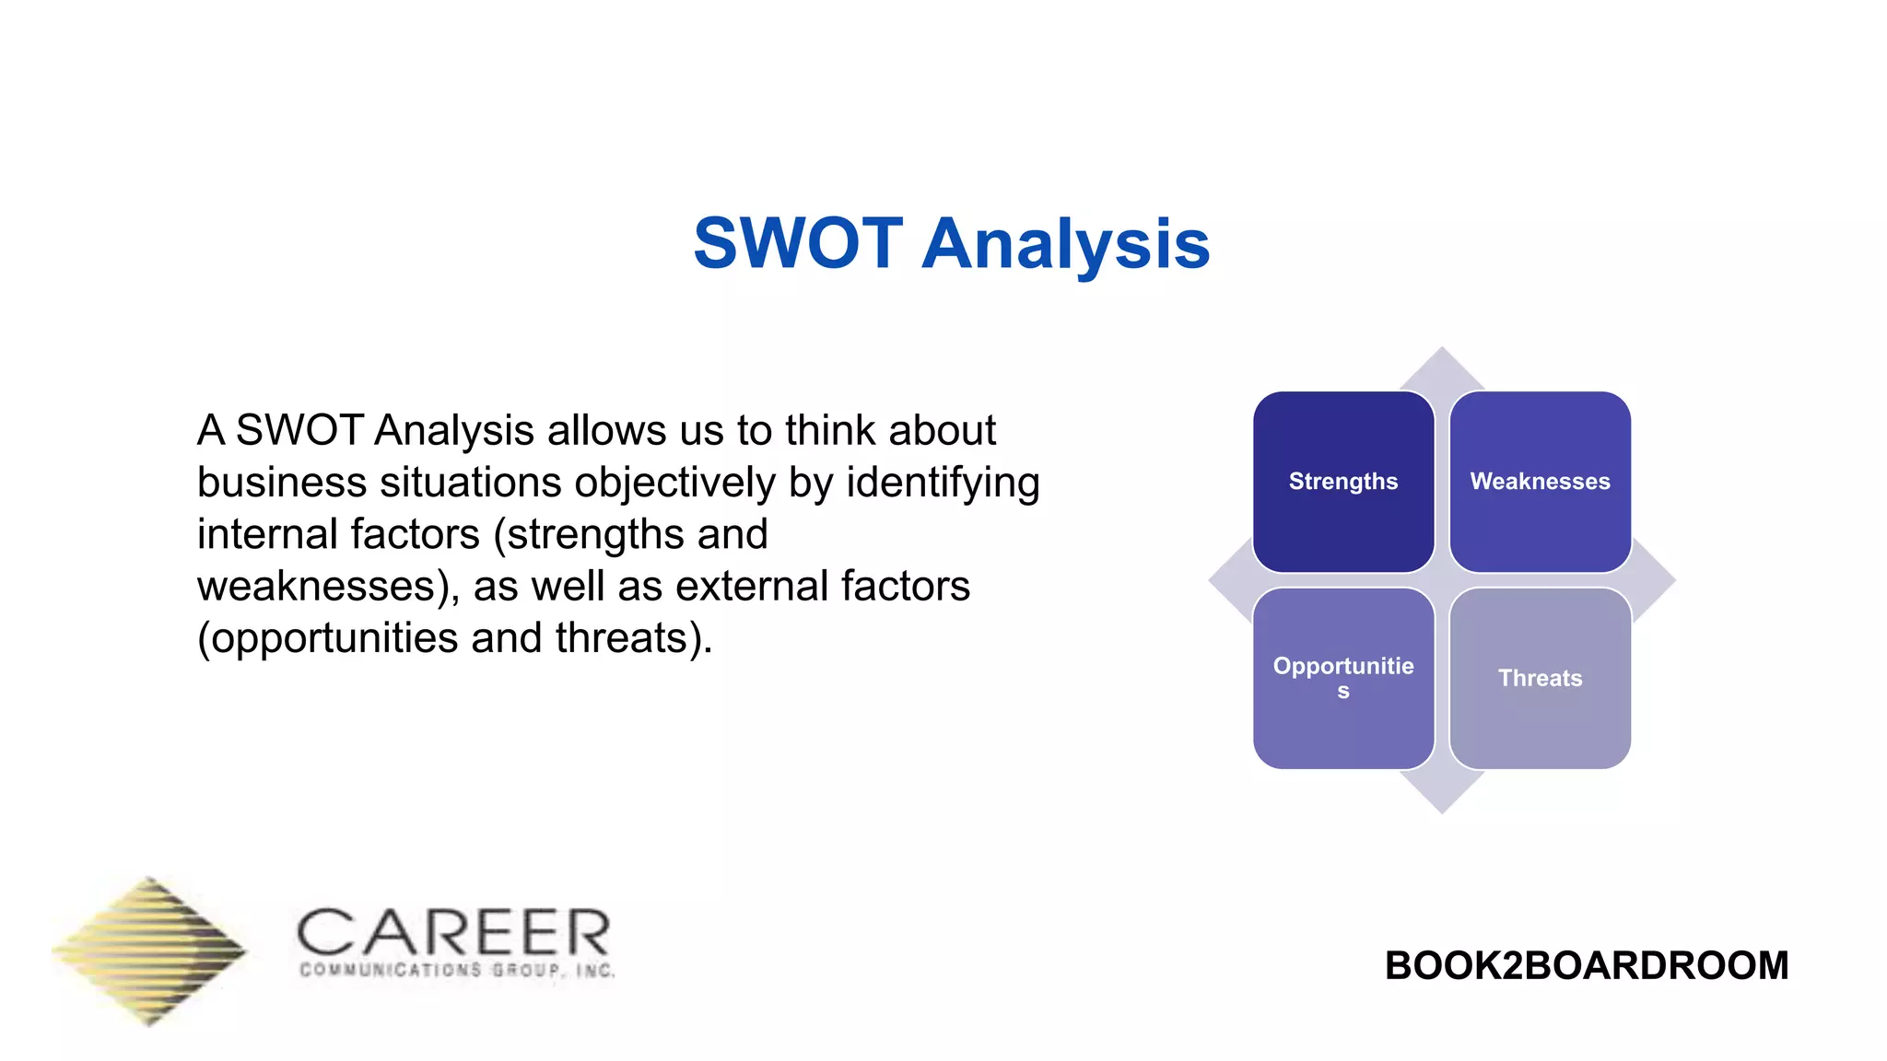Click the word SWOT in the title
click(798, 244)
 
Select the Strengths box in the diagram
click(1342, 482)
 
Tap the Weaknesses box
click(1540, 482)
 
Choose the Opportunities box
click(1342, 679)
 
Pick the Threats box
click(1540, 679)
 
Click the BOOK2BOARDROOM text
click(1586, 966)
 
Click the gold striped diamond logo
click(149, 950)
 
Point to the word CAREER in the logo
click(453, 933)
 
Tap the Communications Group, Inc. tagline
click(457, 971)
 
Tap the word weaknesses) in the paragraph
click(328, 586)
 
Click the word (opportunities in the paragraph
click(328, 638)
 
